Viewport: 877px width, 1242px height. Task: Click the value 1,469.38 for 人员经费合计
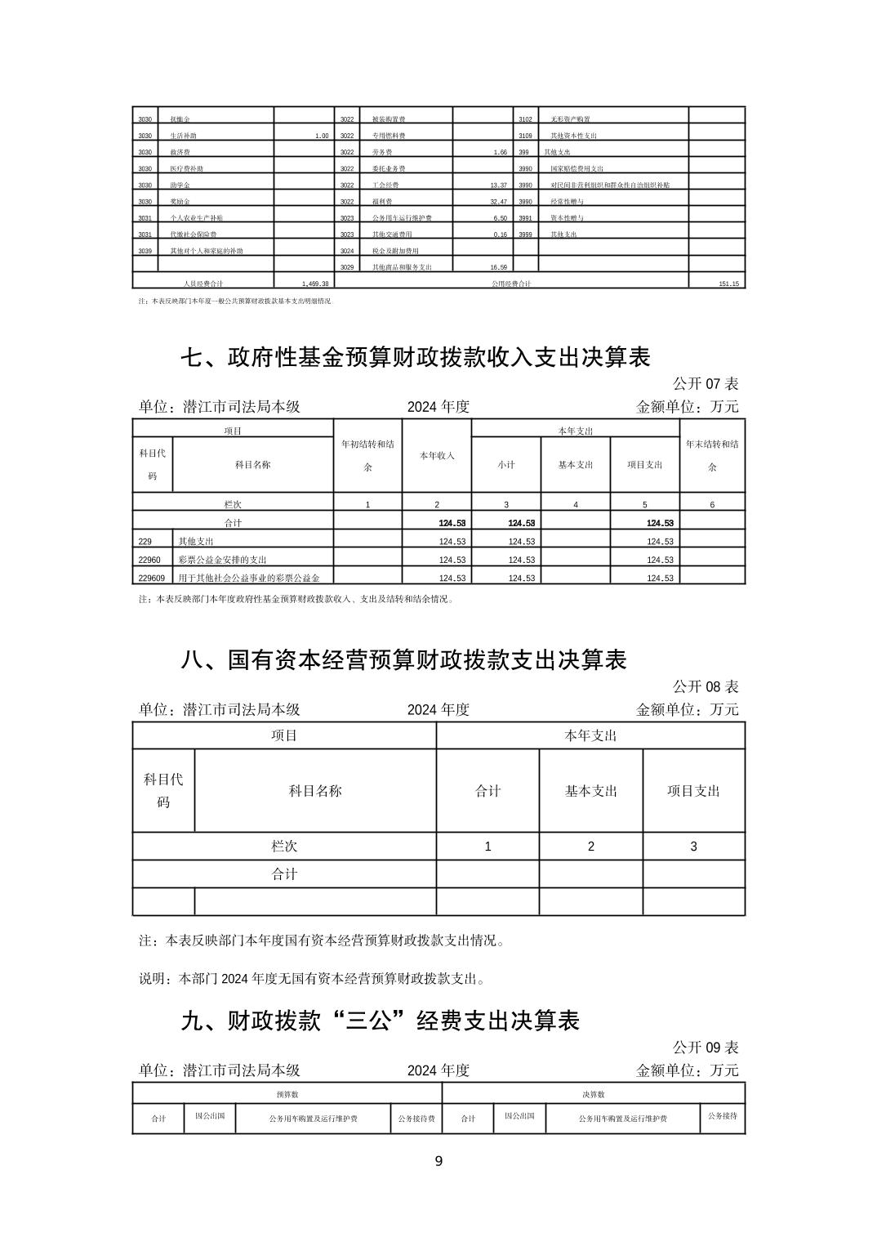click(x=315, y=284)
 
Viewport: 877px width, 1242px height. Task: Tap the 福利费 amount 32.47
click(x=498, y=202)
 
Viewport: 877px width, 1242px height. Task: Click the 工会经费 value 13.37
click(x=498, y=185)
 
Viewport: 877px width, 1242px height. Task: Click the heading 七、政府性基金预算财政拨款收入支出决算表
click(x=416, y=357)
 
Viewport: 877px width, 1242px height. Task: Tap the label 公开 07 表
click(x=706, y=383)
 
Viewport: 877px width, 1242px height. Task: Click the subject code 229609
click(x=152, y=578)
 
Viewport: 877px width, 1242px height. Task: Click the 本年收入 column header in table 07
click(x=437, y=455)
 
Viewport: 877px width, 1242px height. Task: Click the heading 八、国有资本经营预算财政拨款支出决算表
click(x=403, y=659)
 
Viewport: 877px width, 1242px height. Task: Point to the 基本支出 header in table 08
click(x=591, y=791)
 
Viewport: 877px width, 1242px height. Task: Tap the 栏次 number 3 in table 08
click(x=694, y=847)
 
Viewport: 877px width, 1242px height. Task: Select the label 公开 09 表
click(x=706, y=1047)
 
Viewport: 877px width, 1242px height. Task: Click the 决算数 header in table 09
click(x=594, y=1094)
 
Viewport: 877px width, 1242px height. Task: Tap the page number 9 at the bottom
click(x=438, y=1161)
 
